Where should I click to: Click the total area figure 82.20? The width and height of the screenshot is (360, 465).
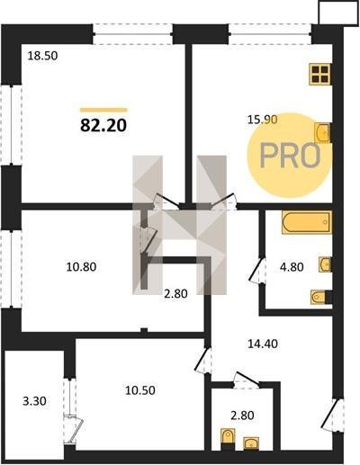[103, 126]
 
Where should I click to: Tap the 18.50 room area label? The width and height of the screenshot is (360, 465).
[42, 56]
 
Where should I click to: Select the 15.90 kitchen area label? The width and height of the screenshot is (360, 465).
[262, 120]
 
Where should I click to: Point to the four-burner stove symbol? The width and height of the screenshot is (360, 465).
[320, 74]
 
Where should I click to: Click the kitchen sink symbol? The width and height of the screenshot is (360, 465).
[322, 132]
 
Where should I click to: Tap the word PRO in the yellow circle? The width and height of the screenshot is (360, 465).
[290, 156]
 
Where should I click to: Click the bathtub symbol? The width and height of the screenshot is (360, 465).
[307, 222]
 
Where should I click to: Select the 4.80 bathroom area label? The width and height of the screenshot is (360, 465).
[292, 266]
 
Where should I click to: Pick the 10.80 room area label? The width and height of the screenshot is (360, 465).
[81, 266]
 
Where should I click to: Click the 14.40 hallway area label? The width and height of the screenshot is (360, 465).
[263, 344]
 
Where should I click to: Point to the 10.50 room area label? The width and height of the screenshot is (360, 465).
[140, 390]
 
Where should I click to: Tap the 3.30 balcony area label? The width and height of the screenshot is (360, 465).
[34, 400]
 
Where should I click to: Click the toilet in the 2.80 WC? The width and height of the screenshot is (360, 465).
[228, 439]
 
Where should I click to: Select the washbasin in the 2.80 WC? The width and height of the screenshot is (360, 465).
[251, 443]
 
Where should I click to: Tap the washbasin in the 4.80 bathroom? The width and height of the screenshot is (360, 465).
[325, 264]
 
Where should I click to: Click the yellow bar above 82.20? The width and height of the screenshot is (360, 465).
[103, 110]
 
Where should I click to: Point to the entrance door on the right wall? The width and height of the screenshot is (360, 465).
[332, 414]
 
